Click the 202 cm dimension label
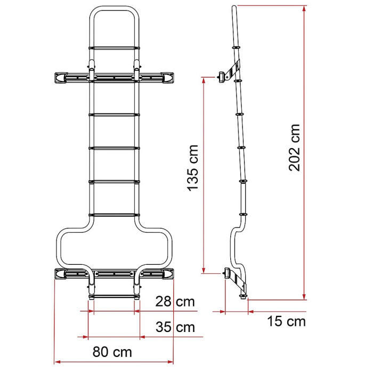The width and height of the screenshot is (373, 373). pyautogui.click(x=295, y=148)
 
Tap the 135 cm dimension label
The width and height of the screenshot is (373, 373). pyautogui.click(x=193, y=168)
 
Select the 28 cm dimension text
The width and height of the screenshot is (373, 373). pyautogui.click(x=175, y=302)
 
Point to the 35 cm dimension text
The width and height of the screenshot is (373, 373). pyautogui.click(x=175, y=327)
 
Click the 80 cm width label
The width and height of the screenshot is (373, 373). pyautogui.click(x=112, y=352)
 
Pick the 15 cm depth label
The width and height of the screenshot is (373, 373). pyautogui.click(x=286, y=321)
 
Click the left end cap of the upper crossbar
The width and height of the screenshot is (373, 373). pyautogui.click(x=61, y=78)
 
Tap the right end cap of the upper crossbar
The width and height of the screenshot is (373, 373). pyautogui.click(x=167, y=78)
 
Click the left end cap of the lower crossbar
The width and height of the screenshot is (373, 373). pyautogui.click(x=61, y=274)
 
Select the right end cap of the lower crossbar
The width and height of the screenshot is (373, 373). pyautogui.click(x=167, y=274)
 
